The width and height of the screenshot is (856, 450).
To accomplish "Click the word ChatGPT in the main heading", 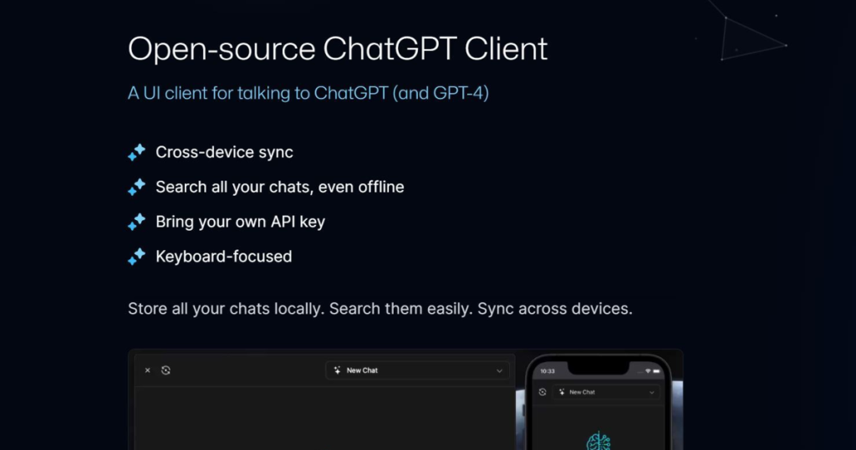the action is [x=390, y=49].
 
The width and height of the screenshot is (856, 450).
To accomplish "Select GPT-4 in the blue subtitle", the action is [x=458, y=93].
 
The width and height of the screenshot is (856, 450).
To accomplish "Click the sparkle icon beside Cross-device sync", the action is [x=136, y=152].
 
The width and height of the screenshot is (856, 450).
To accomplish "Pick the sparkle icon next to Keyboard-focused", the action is [x=136, y=257].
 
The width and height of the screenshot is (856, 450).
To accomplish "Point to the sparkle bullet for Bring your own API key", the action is [x=136, y=222].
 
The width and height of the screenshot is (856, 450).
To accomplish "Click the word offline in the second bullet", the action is [x=381, y=187].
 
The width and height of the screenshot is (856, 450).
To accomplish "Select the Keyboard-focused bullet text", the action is [x=224, y=257].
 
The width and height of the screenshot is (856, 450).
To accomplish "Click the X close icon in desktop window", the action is [x=147, y=371].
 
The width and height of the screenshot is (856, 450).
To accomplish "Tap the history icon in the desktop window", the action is [x=166, y=371].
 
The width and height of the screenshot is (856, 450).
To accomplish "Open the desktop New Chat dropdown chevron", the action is [x=499, y=371].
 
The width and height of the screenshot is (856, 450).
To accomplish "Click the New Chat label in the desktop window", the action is [x=362, y=371].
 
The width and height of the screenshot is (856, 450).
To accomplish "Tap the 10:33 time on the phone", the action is [x=548, y=371].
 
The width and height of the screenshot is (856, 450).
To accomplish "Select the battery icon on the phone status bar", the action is [x=656, y=371].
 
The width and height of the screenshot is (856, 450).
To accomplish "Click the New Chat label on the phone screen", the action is [x=582, y=392].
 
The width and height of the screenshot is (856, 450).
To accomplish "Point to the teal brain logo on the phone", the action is [x=599, y=442].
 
